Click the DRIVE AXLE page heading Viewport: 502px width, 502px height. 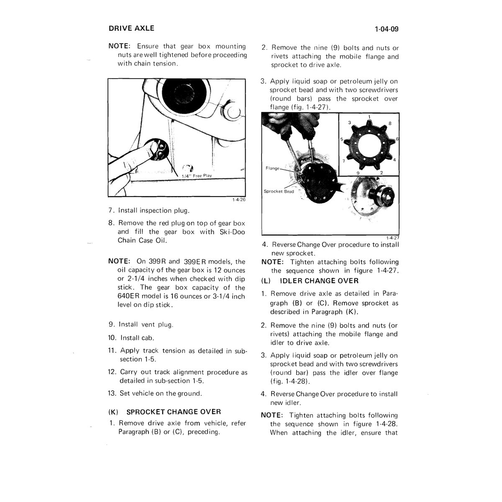click(131, 28)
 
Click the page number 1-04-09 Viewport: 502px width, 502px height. click(387, 29)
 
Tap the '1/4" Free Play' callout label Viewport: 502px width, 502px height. click(197, 176)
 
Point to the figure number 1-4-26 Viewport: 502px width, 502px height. click(239, 200)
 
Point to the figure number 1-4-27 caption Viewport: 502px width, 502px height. click(392, 238)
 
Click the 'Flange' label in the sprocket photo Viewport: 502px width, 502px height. click(272, 168)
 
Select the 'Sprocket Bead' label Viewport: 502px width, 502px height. click(279, 192)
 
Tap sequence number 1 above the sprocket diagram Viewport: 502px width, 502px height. click(369, 117)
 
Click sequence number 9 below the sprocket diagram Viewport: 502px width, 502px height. click(358, 173)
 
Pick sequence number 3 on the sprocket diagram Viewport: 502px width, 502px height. click(350, 123)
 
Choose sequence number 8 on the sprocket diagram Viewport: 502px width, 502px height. click(390, 123)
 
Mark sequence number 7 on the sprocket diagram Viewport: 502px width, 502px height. click(343, 161)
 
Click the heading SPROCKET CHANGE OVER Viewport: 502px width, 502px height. click(174, 412)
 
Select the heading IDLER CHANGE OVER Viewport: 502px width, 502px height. click(319, 281)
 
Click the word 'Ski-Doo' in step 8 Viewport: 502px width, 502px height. click(232, 232)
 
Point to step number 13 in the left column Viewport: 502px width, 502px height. click(112, 393)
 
